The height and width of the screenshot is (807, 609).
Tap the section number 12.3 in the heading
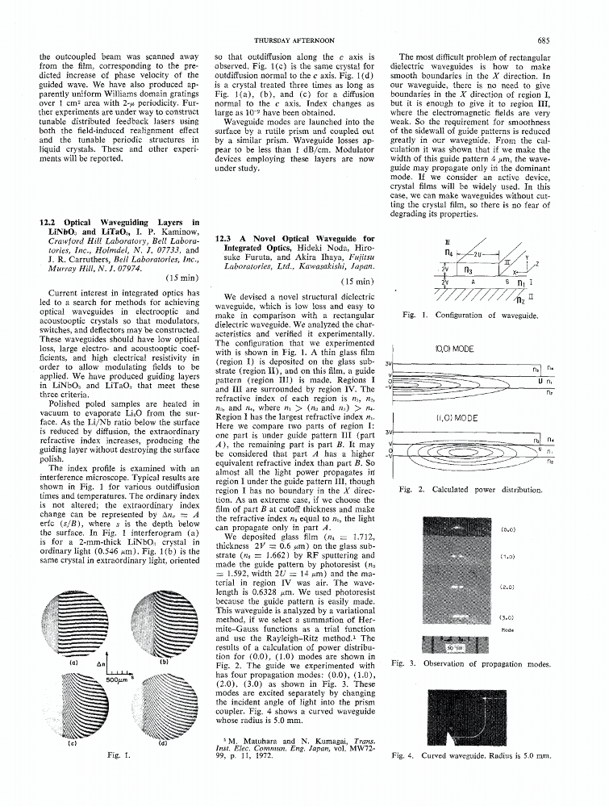pos(228,239)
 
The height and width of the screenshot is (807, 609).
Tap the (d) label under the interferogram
pos(164,742)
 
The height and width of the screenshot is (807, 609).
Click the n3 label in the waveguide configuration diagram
pos(468,271)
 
